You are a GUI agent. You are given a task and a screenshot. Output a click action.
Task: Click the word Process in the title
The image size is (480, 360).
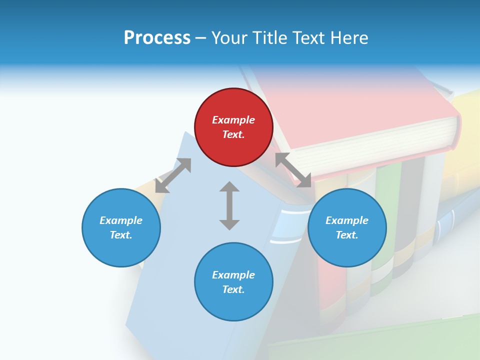coord(157,37)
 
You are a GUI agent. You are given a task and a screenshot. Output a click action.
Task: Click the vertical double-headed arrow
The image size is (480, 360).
coord(229,205)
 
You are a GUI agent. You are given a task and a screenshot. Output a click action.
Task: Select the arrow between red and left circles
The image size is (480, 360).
coord(173,175)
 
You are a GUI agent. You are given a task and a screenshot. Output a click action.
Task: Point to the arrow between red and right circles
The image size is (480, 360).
coord(293,170)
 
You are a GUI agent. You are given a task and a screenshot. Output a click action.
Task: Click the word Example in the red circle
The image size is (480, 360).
coord(233,120)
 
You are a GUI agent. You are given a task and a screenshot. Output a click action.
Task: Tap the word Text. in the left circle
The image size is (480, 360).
coord(121,235)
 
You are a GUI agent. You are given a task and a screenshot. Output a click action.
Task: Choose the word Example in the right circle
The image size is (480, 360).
coord(347,220)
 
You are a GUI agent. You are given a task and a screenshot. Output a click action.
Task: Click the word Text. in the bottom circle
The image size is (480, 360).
coord(233,289)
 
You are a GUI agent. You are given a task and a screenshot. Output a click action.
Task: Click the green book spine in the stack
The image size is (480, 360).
coord(384,220)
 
